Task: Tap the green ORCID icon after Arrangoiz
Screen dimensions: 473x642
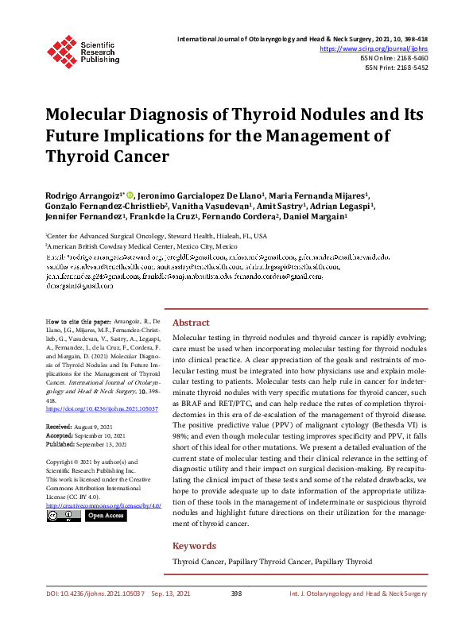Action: click(130, 194)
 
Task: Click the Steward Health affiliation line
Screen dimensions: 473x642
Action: click(156, 237)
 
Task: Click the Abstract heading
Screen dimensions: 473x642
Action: click(191, 323)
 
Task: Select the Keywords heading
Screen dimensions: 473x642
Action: click(194, 546)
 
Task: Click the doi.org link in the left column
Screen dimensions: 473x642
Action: click(102, 408)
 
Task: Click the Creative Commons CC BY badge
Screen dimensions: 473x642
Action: click(63, 516)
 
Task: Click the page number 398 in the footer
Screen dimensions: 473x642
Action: click(236, 616)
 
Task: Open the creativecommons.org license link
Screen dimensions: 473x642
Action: click(103, 505)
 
